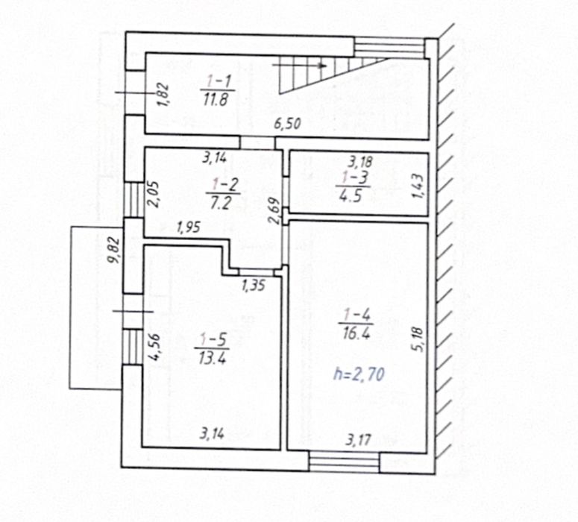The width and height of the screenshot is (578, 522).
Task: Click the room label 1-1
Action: click(219, 81)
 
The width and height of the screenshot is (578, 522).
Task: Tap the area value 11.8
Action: click(216, 98)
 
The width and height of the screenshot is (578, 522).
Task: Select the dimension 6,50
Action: click(287, 123)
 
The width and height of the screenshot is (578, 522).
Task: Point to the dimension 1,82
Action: click(163, 95)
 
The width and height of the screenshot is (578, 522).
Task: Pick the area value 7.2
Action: click(221, 202)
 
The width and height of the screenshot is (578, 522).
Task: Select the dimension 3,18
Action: click(361, 161)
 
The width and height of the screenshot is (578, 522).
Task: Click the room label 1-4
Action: click(356, 316)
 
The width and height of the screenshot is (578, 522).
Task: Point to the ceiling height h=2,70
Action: click(359, 374)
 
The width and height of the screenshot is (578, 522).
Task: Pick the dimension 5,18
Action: click(420, 339)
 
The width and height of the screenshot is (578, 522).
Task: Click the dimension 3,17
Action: click(358, 439)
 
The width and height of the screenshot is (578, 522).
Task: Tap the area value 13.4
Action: click(212, 358)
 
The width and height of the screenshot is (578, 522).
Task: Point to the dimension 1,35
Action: click(254, 285)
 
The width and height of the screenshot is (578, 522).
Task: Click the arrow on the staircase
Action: click(300, 66)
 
